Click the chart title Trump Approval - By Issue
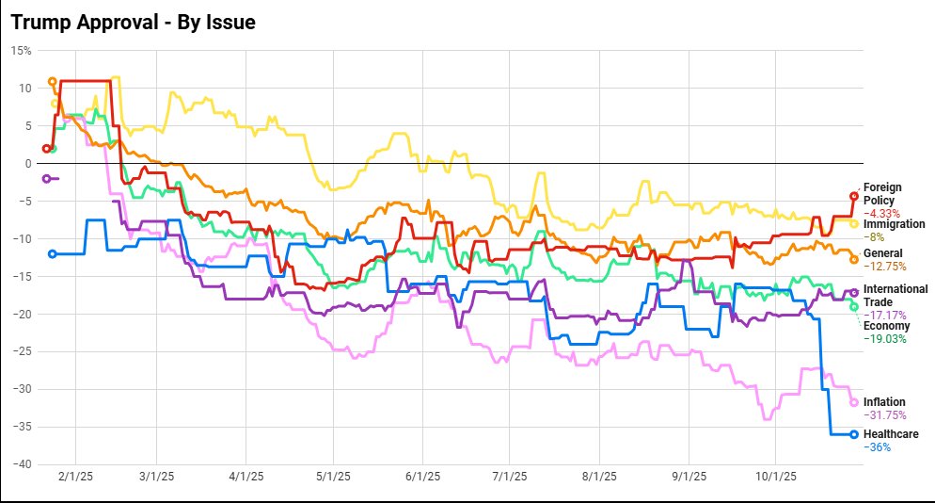click(x=133, y=21)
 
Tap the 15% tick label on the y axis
click(x=21, y=50)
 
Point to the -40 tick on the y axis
click(x=21, y=464)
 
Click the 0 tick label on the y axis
click(x=27, y=163)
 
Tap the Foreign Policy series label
click(x=881, y=193)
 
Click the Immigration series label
click(x=894, y=224)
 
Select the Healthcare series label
click(x=890, y=434)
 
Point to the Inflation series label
click(x=884, y=402)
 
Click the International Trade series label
click(x=895, y=295)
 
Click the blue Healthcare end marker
click(x=854, y=434)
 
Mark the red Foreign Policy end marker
click(x=854, y=196)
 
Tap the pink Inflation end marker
click(x=854, y=402)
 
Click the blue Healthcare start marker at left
click(x=52, y=253)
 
